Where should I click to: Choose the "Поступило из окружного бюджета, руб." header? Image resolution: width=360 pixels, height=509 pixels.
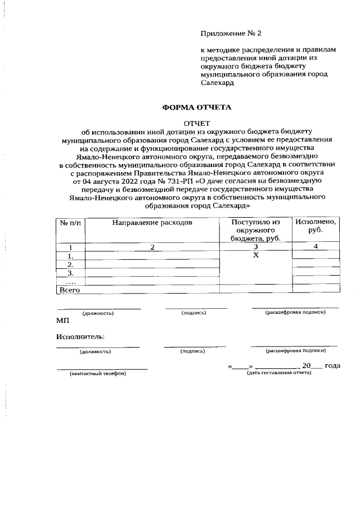pyautogui.click(x=255, y=230)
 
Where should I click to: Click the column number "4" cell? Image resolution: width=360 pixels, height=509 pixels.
pyautogui.click(x=316, y=246)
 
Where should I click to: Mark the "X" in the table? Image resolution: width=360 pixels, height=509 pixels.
pyautogui.click(x=255, y=255)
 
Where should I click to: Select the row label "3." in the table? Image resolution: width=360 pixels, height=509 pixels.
pyautogui.click(x=71, y=272)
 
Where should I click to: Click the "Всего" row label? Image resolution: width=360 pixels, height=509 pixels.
pyautogui.click(x=70, y=290)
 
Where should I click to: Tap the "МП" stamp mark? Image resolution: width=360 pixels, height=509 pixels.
pyautogui.click(x=62, y=320)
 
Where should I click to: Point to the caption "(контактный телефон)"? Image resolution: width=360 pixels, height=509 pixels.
pyautogui.click(x=98, y=373)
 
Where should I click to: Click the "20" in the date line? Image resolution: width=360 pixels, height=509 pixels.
pyautogui.click(x=307, y=366)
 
